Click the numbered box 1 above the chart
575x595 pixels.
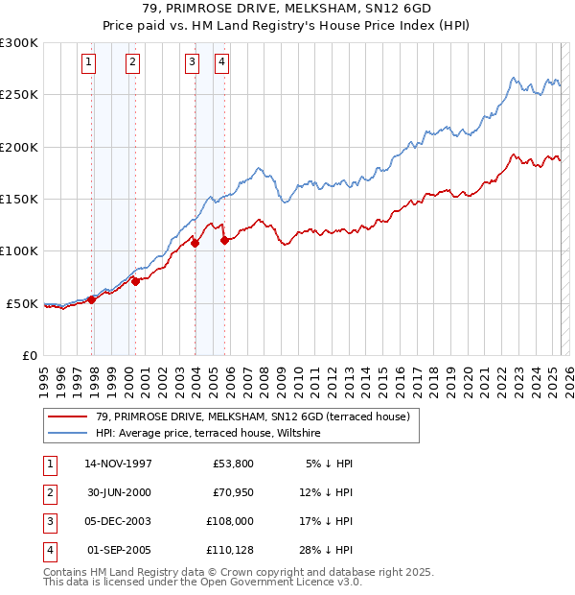[x=88, y=63]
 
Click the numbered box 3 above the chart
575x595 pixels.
[x=192, y=63]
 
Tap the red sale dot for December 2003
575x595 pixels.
[x=195, y=243]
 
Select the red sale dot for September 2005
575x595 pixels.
[x=224, y=241]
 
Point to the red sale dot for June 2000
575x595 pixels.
[x=136, y=281]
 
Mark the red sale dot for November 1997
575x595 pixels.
[x=92, y=299]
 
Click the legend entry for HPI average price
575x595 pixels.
[x=208, y=433]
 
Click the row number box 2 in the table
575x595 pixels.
[x=49, y=493]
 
